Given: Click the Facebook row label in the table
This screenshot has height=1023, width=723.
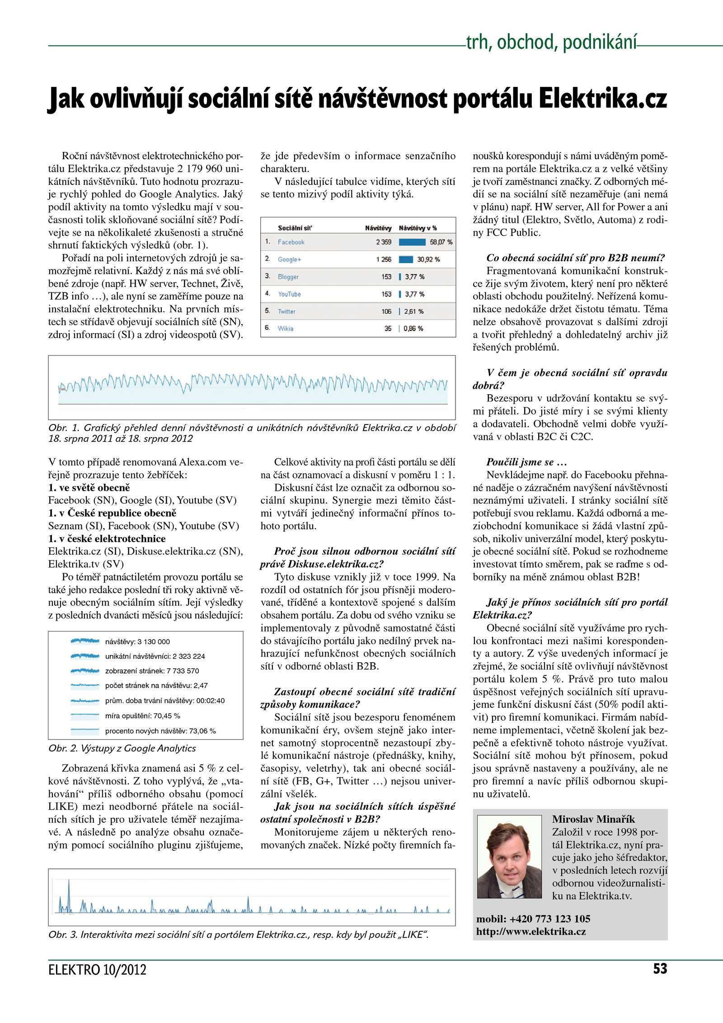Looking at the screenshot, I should tap(291, 242).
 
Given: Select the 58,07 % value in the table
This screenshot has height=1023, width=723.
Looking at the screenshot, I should tap(441, 242).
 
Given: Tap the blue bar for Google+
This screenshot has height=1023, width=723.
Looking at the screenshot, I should tap(406, 259).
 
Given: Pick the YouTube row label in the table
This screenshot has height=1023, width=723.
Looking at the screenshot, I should tap(289, 294).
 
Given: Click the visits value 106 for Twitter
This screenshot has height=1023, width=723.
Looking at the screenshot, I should tap(386, 311).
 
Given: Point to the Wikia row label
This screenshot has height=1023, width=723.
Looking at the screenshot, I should tap(285, 329).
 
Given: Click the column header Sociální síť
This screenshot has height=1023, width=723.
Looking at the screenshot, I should tap(295, 228).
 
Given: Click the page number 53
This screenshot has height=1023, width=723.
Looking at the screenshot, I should tap(660, 969).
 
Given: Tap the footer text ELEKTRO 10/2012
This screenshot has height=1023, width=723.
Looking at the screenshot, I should tap(97, 970).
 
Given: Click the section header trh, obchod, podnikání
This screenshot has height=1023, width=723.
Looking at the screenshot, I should tap(551, 42).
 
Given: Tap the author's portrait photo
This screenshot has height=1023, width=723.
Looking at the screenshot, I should tap(509, 857).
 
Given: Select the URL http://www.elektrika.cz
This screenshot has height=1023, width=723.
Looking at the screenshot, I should tap(531, 932).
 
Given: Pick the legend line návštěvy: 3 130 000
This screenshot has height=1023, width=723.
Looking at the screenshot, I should tap(137, 642).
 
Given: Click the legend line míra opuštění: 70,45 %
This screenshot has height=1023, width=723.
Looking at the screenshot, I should tap(142, 716).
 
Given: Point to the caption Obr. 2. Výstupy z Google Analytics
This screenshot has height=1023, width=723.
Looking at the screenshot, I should tap(122, 749).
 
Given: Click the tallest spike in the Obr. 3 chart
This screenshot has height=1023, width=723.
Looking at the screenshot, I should tap(69, 888).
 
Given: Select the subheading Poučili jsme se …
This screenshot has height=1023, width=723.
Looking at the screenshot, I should tap(526, 462).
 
